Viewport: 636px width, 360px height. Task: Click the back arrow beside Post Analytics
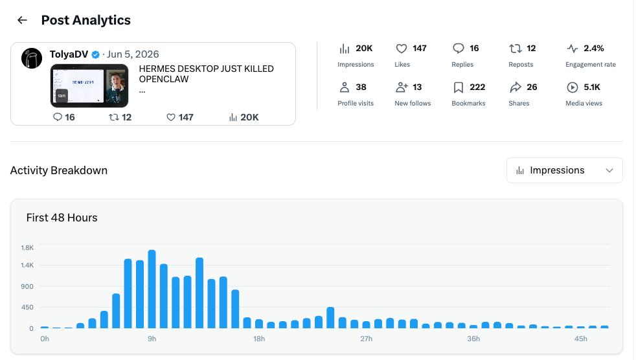22,20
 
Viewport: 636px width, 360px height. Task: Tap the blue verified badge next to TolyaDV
96,54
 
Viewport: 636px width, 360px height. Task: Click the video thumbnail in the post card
89,85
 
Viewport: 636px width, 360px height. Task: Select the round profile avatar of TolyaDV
32,58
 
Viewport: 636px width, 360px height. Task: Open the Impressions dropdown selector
564,170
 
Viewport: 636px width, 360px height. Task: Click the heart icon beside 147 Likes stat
401,49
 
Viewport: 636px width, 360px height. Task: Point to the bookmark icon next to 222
459,87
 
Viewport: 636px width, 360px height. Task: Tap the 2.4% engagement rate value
593,49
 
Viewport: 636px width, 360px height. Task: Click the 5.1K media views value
592,87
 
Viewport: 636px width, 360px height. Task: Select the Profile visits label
356,104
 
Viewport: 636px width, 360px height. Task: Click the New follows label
413,104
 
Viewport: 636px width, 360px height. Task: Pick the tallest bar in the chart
152,289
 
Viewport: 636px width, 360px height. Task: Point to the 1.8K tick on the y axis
27,248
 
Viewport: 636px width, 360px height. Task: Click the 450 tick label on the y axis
27,308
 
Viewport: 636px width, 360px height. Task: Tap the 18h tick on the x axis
259,339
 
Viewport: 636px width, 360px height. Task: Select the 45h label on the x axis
580,339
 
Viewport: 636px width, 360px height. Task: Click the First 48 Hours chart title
62,218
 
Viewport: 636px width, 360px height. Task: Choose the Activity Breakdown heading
59,170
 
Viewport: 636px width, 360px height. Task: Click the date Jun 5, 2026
133,54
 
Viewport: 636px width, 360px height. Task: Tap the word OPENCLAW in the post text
163,80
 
